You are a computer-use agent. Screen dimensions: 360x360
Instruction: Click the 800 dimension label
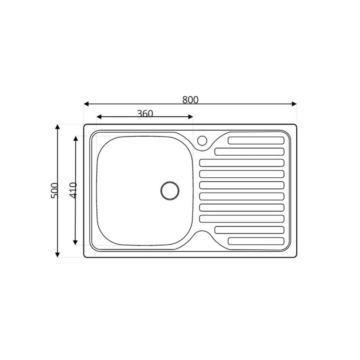[x=190, y=100]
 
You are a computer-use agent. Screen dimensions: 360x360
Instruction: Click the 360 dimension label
[x=145, y=114]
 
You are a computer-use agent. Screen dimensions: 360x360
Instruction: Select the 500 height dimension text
[x=55, y=190]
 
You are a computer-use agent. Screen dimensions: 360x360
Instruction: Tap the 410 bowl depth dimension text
[x=73, y=190]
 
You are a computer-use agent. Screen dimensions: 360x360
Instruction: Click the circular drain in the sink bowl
[x=169, y=190]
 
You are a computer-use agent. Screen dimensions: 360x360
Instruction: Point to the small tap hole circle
[x=202, y=140]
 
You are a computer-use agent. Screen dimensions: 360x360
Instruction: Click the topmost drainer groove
[x=256, y=140]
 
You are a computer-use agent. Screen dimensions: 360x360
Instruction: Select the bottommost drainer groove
[x=256, y=241]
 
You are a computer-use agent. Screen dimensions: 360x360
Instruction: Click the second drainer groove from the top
[x=249, y=152]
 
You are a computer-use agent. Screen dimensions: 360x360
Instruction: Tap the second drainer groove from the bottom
[x=249, y=230]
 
